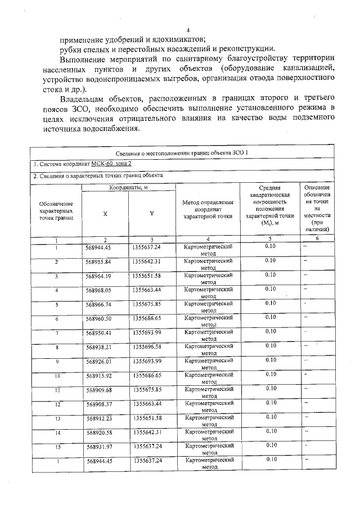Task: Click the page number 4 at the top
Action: [188, 30]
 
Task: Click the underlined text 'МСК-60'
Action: [103, 164]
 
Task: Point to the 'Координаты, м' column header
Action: [128, 186]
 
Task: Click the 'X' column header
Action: [105, 214]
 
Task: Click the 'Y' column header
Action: [151, 213]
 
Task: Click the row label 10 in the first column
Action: [57, 375]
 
